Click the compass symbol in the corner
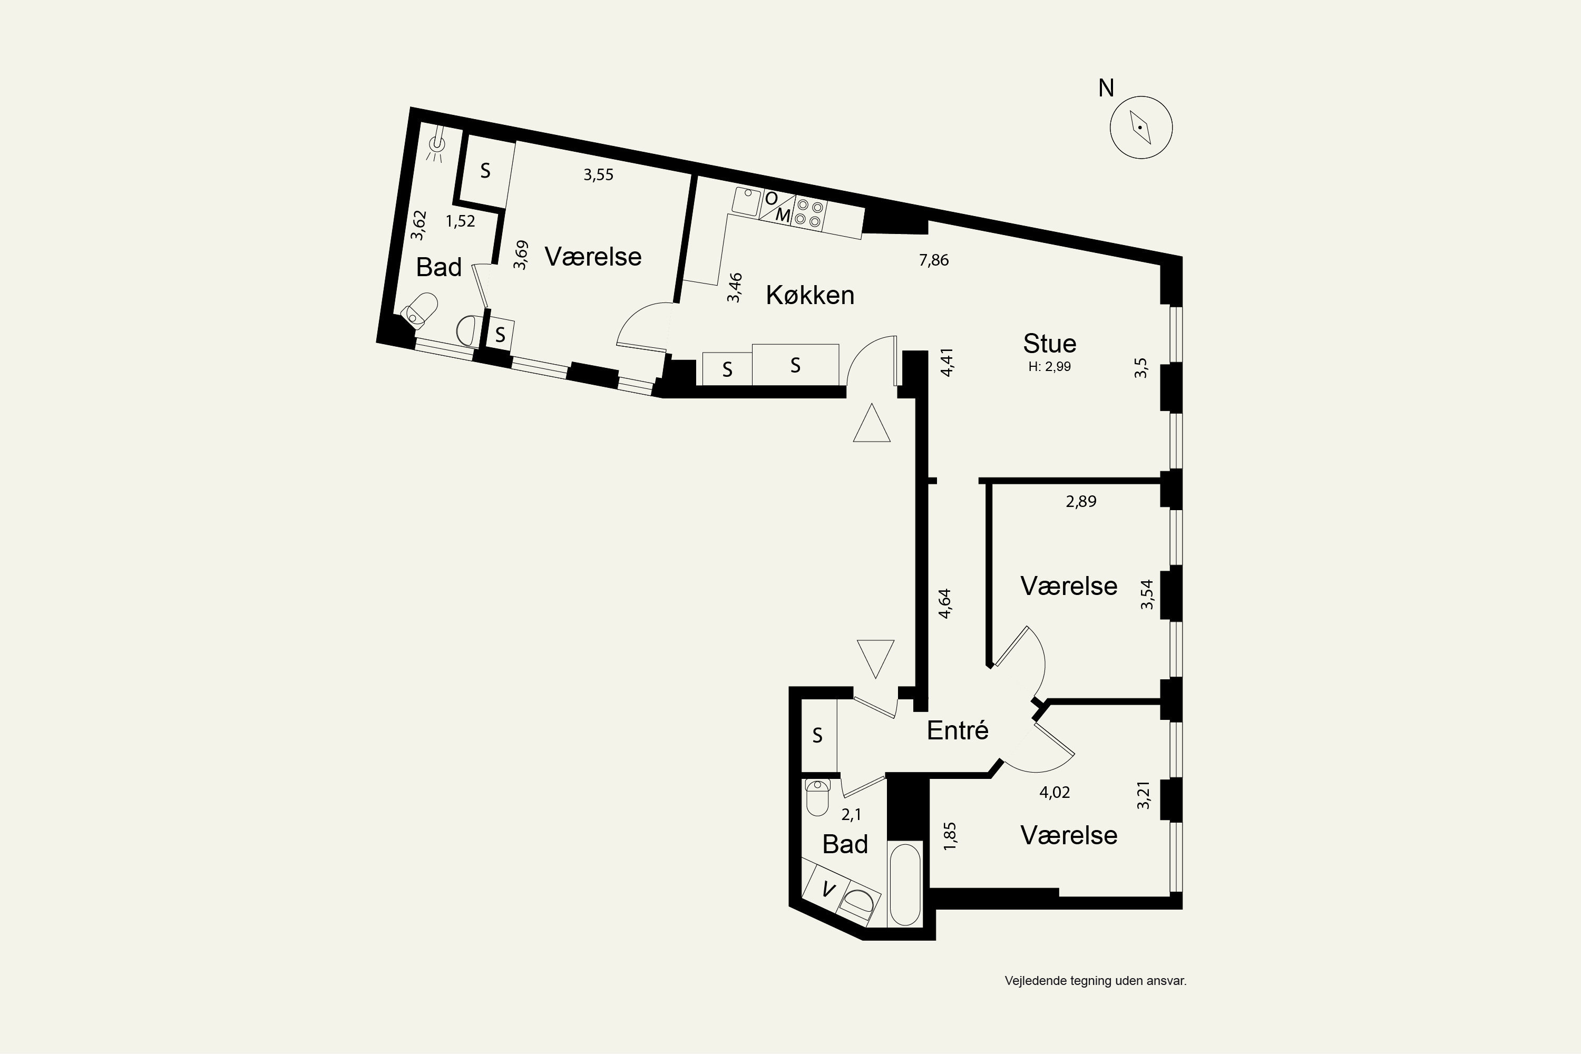click(x=1141, y=127)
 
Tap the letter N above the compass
click(x=1106, y=88)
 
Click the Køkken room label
click(x=810, y=295)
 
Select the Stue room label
click(x=1049, y=344)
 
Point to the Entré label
click(x=957, y=730)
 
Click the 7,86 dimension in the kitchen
click(x=934, y=260)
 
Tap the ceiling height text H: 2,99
click(x=1049, y=367)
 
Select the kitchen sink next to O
click(x=746, y=201)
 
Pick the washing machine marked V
click(x=829, y=890)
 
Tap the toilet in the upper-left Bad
click(x=419, y=310)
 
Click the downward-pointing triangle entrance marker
click(x=876, y=659)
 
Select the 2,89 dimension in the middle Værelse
click(x=1081, y=502)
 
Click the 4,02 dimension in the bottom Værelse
click(x=1055, y=793)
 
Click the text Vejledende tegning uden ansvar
click(x=1096, y=981)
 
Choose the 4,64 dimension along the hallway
click(x=945, y=603)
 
